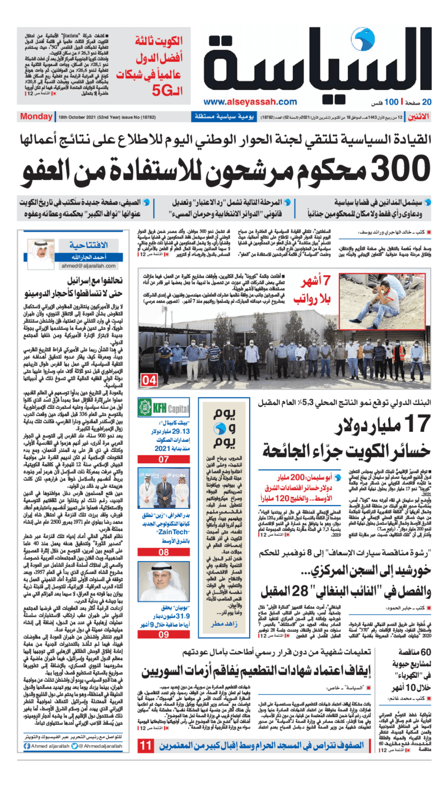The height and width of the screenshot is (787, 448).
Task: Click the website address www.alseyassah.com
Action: click(250, 102)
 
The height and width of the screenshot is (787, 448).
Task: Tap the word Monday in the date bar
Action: click(36, 117)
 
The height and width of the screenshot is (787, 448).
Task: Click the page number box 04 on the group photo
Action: click(150, 381)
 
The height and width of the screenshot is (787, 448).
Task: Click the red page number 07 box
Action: click(155, 459)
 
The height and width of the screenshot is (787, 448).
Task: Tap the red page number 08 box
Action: click(155, 552)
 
